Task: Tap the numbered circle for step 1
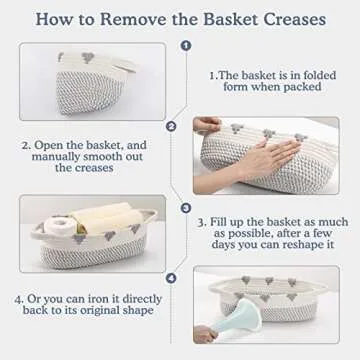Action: (x=183, y=44)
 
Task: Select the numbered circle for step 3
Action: (x=183, y=208)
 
